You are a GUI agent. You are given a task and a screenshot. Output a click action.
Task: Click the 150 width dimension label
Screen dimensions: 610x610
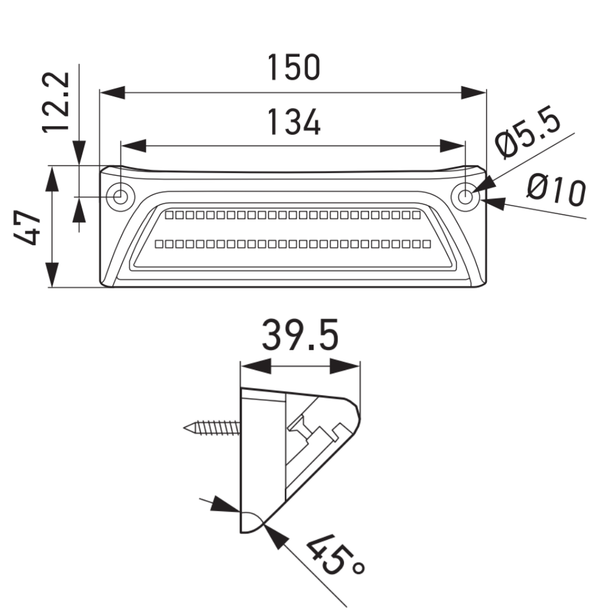pos(294,68)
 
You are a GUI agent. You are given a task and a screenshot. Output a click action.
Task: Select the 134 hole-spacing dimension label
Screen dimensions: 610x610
pos(295,122)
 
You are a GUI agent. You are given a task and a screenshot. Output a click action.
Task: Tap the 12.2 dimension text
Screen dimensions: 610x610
pos(56,102)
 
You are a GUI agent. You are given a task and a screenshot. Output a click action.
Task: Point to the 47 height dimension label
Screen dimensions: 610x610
pos(27,228)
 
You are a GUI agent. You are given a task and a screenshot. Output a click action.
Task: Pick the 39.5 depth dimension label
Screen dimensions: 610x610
pos(300,335)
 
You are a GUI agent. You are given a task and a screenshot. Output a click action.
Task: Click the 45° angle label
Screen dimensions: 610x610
pos(334,554)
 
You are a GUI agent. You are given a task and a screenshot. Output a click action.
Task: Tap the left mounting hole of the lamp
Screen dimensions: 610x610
pos(121,197)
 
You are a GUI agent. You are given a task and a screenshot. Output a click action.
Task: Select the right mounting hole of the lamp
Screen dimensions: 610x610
pos(465,197)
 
